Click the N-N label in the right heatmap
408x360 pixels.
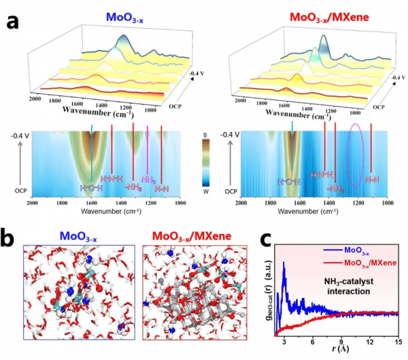click(x=371, y=180)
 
